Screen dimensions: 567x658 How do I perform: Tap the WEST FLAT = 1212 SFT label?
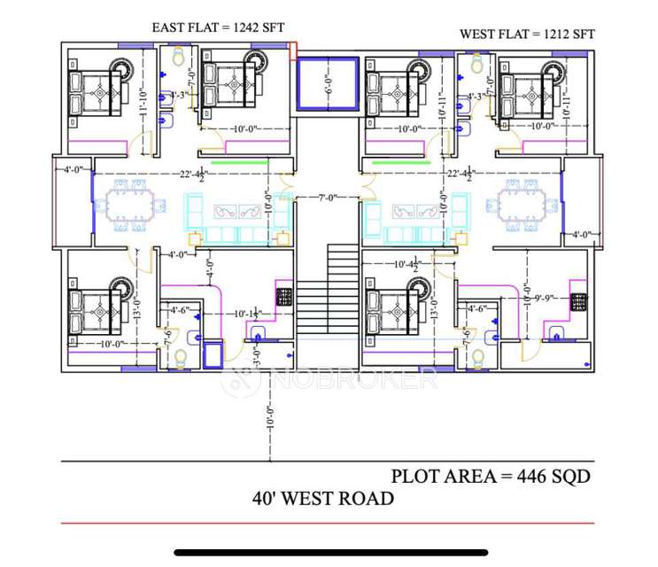tap(527, 35)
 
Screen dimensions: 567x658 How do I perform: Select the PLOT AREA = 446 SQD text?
tap(491, 476)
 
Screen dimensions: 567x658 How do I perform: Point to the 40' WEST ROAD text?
tap(323, 498)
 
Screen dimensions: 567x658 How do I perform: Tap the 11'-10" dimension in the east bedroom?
tap(142, 91)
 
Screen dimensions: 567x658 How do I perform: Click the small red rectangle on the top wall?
tap(294, 50)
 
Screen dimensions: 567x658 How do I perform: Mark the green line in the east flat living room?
tap(236, 163)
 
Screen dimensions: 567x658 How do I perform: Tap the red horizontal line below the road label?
tap(327, 524)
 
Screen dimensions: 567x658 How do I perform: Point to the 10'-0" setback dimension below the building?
tap(270, 416)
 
